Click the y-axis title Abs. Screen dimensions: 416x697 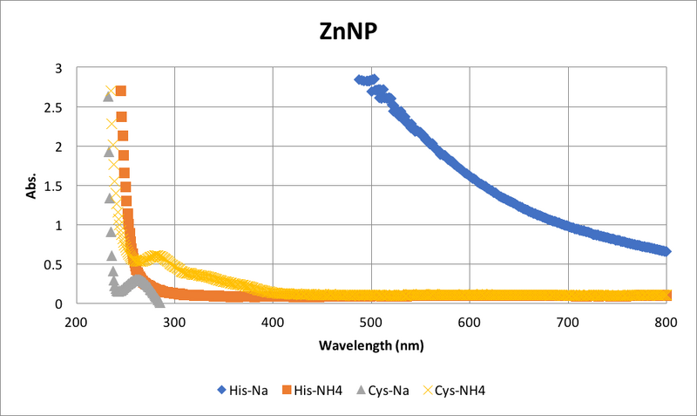pyautogui.click(x=32, y=186)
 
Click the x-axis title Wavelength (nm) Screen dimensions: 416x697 pyautogui.click(x=371, y=344)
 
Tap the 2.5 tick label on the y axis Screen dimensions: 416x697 pyautogui.click(x=55, y=107)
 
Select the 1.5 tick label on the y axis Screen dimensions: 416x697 pyautogui.click(x=55, y=186)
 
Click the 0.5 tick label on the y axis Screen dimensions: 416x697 pyautogui.click(x=55, y=264)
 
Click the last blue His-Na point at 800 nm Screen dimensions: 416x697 pyautogui.click(x=666, y=251)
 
